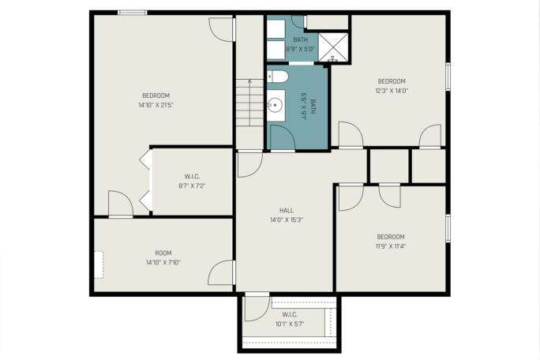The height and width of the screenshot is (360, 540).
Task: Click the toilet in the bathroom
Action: point(278,77)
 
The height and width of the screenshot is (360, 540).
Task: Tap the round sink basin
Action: point(275,105)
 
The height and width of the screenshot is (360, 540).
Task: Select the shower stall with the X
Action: point(333,47)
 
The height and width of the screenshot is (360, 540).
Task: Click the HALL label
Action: point(287,211)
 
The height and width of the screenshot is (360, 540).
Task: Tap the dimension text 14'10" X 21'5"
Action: point(156,105)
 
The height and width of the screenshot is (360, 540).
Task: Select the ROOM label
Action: point(163,253)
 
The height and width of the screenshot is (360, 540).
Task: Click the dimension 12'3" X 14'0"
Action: point(392,91)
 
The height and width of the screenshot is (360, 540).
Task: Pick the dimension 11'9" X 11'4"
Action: point(391,246)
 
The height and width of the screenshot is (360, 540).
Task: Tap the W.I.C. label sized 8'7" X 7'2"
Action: point(192,177)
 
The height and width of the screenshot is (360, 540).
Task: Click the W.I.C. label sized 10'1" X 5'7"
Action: point(290,314)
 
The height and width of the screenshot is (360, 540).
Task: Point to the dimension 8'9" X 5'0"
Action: point(300,49)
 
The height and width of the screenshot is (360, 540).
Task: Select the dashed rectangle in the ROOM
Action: point(99,264)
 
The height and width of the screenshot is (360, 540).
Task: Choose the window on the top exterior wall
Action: point(133,13)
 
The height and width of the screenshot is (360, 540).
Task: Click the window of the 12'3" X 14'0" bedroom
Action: point(448,77)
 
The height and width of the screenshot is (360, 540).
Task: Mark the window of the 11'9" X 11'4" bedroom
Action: point(448,228)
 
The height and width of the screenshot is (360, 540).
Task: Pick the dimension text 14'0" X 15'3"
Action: point(287,219)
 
